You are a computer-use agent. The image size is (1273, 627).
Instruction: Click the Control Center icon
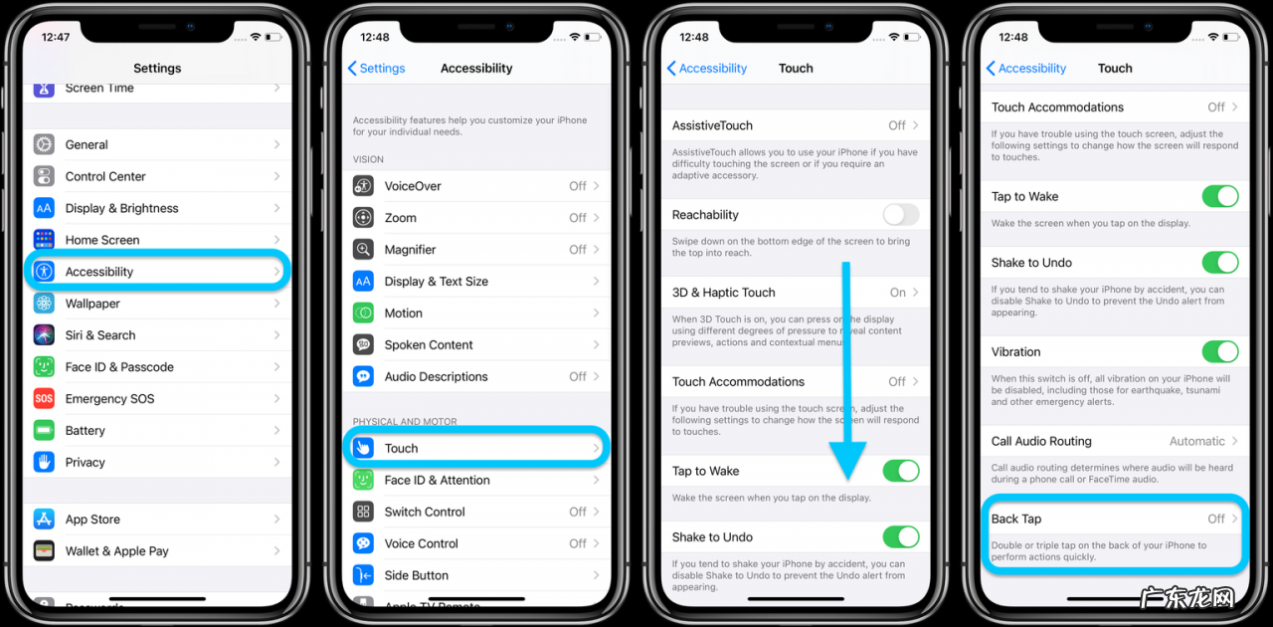(44, 176)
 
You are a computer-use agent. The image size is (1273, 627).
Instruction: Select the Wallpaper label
(92, 304)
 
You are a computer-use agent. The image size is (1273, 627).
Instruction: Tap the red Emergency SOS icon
(44, 399)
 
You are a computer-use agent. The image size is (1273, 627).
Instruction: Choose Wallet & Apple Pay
(116, 550)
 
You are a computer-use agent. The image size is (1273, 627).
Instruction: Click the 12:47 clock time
(56, 37)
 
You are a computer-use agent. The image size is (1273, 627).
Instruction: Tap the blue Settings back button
(376, 69)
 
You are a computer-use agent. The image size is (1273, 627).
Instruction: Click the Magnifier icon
(364, 250)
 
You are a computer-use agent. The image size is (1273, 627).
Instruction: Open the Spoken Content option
(429, 345)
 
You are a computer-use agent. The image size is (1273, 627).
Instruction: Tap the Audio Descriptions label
(436, 377)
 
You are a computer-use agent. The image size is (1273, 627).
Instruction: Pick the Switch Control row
(425, 512)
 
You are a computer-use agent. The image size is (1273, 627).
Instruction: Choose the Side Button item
(416, 575)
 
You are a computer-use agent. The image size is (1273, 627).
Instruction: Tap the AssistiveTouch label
(712, 125)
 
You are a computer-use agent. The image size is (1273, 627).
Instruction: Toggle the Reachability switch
(900, 215)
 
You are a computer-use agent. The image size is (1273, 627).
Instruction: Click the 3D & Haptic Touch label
(723, 293)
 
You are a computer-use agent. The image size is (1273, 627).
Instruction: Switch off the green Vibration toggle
(1219, 351)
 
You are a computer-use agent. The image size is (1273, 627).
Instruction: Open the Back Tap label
(1015, 519)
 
